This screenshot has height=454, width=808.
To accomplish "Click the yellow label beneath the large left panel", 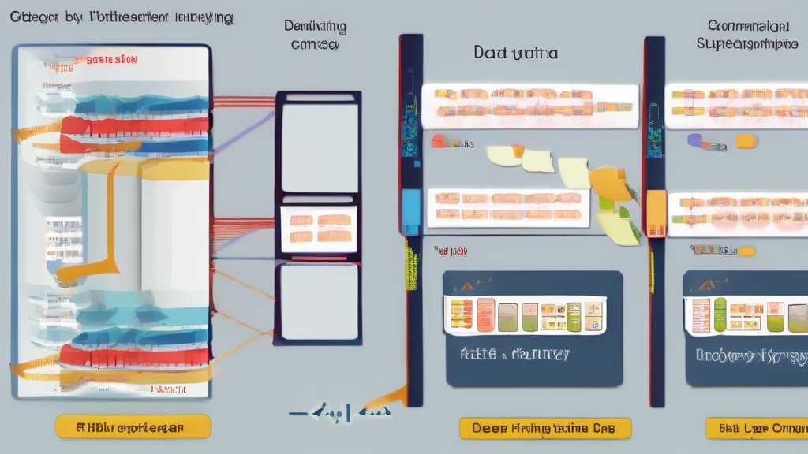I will click(133, 426).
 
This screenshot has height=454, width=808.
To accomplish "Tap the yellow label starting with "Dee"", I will click(545, 428).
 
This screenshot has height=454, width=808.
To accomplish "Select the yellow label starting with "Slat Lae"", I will click(756, 428).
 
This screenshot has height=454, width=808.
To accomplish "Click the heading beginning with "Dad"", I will click(515, 54).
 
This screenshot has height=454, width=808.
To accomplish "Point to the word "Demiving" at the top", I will click(315, 26).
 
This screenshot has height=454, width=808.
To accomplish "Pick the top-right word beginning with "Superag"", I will click(747, 44).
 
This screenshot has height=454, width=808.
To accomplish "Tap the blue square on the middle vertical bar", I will click(410, 207).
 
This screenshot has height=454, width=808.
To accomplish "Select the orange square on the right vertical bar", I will click(656, 207).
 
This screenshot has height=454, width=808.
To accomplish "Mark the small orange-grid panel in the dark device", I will click(319, 228).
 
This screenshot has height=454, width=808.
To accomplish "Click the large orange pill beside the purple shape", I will click(746, 141).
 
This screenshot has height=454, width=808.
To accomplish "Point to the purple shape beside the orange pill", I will click(696, 140).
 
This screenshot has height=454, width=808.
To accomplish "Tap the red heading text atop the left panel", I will click(112, 60).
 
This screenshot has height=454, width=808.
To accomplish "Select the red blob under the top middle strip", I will click(438, 141).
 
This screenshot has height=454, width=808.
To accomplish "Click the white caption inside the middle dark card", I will click(514, 355).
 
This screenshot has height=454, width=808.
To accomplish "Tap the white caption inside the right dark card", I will click(750, 355).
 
